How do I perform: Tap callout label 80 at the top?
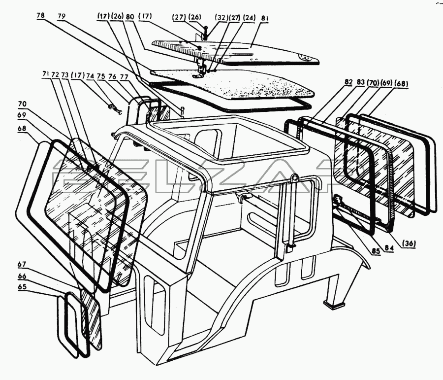pos(130,16)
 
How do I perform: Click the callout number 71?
pos(46,75)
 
